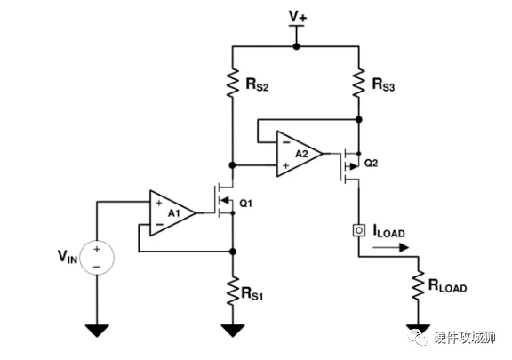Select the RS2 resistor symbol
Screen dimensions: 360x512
tap(232, 83)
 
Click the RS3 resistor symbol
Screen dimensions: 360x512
tap(358, 83)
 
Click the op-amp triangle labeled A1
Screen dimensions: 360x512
tap(172, 212)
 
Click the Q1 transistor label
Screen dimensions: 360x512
tap(247, 203)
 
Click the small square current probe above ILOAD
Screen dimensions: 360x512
tap(358, 230)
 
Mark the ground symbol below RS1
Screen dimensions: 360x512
tap(232, 332)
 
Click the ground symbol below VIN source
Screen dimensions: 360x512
tap(97, 332)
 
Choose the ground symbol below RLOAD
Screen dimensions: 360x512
tap(415, 332)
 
